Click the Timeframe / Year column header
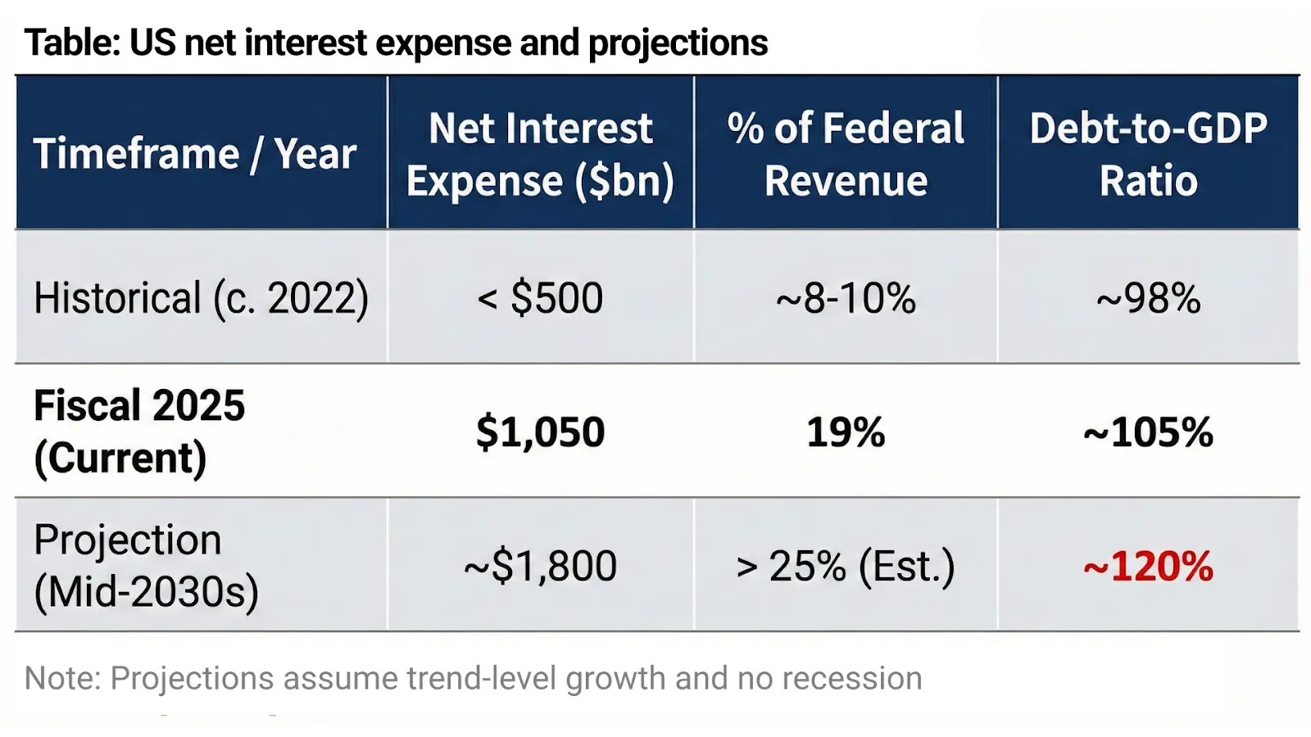[195, 154]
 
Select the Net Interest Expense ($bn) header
[540, 154]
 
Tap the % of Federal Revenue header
[846, 154]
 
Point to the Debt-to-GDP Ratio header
[1148, 154]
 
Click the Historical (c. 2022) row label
[201, 297]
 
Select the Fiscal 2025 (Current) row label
[139, 431]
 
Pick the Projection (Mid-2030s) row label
[146, 565]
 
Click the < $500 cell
[540, 297]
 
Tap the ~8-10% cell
[846, 297]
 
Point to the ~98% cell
[1148, 297]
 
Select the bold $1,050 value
[540, 432]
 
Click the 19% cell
[846, 432]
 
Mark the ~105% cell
[1148, 432]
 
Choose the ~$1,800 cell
[540, 566]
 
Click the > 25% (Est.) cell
[846, 566]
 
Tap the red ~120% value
[1148, 566]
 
